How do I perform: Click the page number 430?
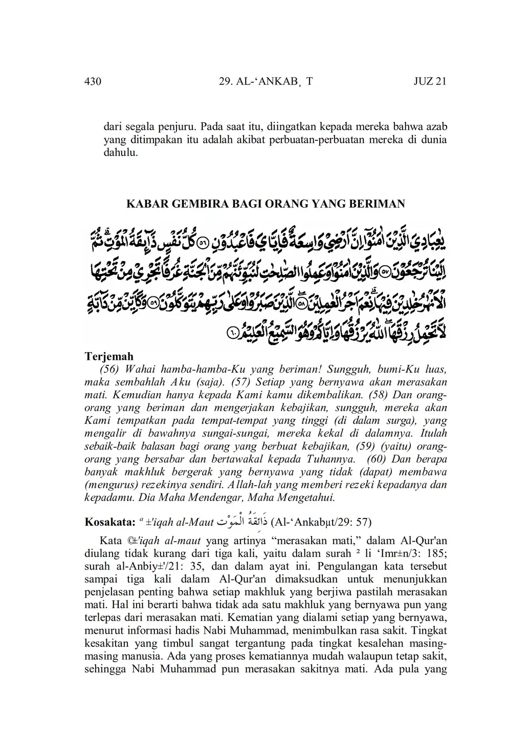pos(93,82)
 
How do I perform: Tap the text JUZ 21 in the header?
pos(430,82)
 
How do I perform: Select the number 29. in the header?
pos(226,82)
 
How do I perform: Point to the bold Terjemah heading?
pos(109,356)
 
